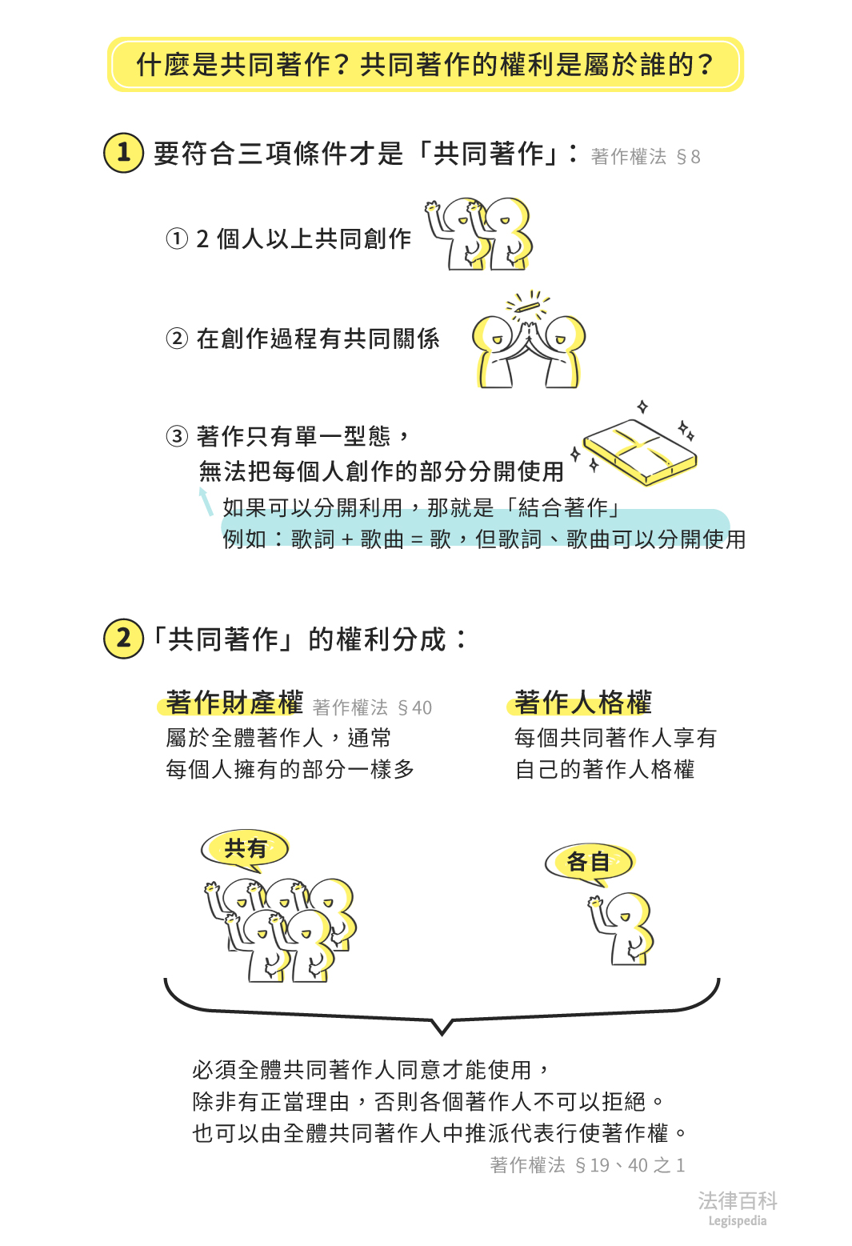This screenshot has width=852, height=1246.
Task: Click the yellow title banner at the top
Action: [x=425, y=64]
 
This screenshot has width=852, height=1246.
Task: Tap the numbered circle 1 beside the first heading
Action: [x=123, y=152]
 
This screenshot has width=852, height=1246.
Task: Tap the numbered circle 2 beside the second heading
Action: [x=123, y=639]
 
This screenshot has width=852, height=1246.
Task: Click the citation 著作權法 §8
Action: [x=645, y=157]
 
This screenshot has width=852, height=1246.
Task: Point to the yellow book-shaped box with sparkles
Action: [x=640, y=451]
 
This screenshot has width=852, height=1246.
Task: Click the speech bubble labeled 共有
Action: [x=245, y=848]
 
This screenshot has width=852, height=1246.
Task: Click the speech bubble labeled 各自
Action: [x=589, y=863]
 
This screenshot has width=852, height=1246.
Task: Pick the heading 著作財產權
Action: [x=234, y=703]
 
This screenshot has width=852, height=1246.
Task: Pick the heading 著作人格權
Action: [x=582, y=703]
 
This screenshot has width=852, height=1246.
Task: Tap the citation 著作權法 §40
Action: [x=372, y=708]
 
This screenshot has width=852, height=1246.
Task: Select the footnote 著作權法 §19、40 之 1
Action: [x=587, y=1165]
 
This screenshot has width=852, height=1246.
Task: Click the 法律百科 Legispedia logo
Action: [x=737, y=1207]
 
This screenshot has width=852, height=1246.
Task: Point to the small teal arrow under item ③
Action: [x=206, y=501]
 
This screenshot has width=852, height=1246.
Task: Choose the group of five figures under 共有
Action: [x=280, y=928]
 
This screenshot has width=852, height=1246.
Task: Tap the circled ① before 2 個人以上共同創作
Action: [x=177, y=238]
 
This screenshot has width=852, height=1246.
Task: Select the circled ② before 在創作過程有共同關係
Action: [x=177, y=339]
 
